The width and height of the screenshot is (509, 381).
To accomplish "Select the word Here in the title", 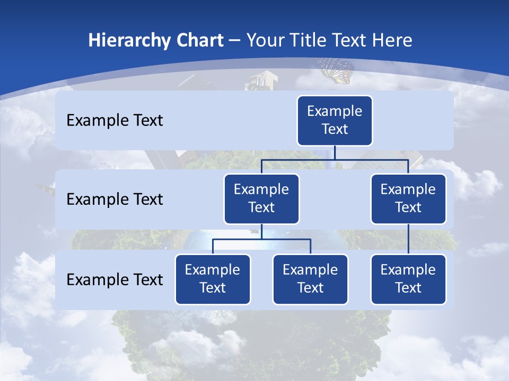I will click(x=392, y=40).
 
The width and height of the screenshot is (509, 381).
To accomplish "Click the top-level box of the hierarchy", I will click(x=335, y=120).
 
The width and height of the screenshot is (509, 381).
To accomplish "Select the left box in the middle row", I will click(x=261, y=198).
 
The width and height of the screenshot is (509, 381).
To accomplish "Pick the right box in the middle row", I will click(x=408, y=198).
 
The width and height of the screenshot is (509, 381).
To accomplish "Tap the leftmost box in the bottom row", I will click(x=213, y=279).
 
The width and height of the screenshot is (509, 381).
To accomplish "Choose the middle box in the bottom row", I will click(x=310, y=279).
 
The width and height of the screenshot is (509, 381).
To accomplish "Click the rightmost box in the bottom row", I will click(x=408, y=279).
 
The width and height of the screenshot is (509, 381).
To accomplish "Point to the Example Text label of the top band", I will click(x=115, y=121).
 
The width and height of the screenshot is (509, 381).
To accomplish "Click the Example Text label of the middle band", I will click(x=115, y=199).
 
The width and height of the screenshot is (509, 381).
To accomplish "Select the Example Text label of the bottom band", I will click(x=115, y=279).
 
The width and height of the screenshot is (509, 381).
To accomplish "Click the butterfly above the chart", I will click(x=336, y=70).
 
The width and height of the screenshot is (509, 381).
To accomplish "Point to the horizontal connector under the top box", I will click(x=335, y=159).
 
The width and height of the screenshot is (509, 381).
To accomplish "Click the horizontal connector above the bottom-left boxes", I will click(x=261, y=239).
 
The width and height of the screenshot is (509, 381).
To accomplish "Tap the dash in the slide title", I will click(x=235, y=41).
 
